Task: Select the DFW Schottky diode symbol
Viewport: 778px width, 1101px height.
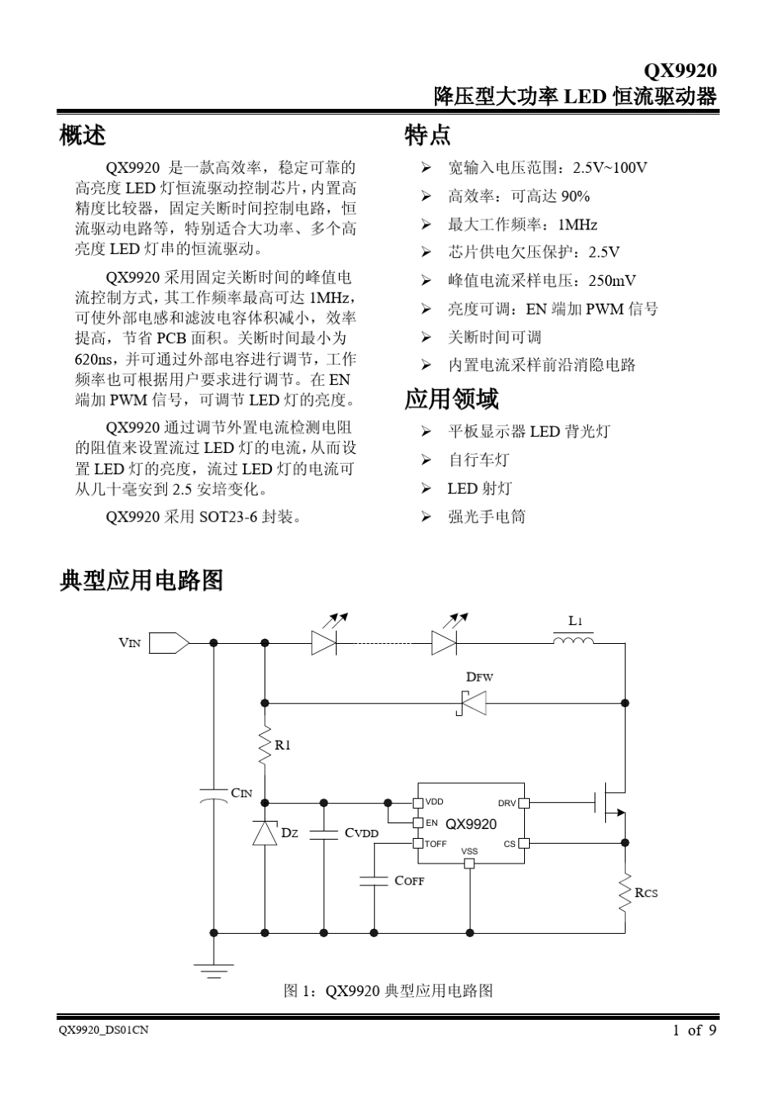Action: coord(473,703)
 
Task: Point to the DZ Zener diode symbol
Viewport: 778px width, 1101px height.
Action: coord(265,832)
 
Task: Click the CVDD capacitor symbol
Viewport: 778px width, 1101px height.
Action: coord(323,834)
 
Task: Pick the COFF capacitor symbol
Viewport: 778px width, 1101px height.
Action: coord(374,881)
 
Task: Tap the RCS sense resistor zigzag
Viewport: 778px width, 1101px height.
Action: coord(625,893)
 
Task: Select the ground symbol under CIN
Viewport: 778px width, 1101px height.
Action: coord(214,972)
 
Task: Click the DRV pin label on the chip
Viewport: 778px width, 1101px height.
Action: coord(506,804)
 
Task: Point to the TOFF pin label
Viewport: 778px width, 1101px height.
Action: coord(436,844)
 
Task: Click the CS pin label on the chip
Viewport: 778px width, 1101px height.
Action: coord(509,844)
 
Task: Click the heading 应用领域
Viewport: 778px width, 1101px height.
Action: coord(451,400)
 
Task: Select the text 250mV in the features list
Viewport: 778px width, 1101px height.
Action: coord(612,281)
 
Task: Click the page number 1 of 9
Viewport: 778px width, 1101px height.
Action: coord(694,1031)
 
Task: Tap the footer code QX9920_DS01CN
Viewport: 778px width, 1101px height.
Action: coord(104,1031)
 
